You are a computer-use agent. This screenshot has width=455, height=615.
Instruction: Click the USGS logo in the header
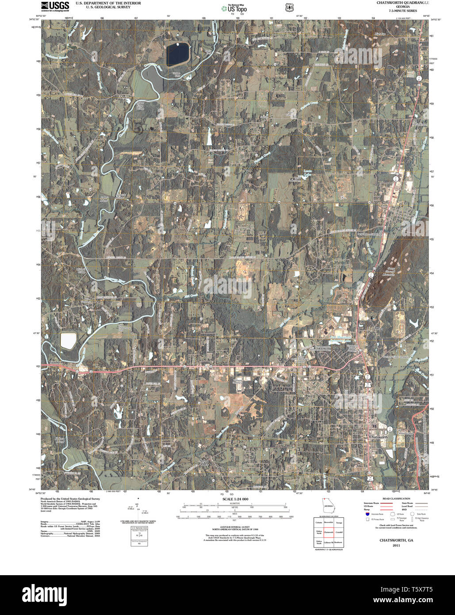55,6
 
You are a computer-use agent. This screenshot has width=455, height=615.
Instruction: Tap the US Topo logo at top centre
234,8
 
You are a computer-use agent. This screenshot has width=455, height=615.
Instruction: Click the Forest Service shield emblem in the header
289,8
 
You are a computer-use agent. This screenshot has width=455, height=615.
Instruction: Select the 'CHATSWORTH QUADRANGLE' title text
402,3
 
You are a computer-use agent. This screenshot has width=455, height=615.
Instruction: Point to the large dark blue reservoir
177,54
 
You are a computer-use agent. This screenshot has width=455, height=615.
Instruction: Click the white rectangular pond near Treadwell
68,340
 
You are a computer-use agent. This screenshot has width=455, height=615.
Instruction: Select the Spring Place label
204,462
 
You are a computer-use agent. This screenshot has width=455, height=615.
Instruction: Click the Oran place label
379,329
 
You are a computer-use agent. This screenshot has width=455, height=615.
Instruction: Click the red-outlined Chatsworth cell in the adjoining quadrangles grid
328,532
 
